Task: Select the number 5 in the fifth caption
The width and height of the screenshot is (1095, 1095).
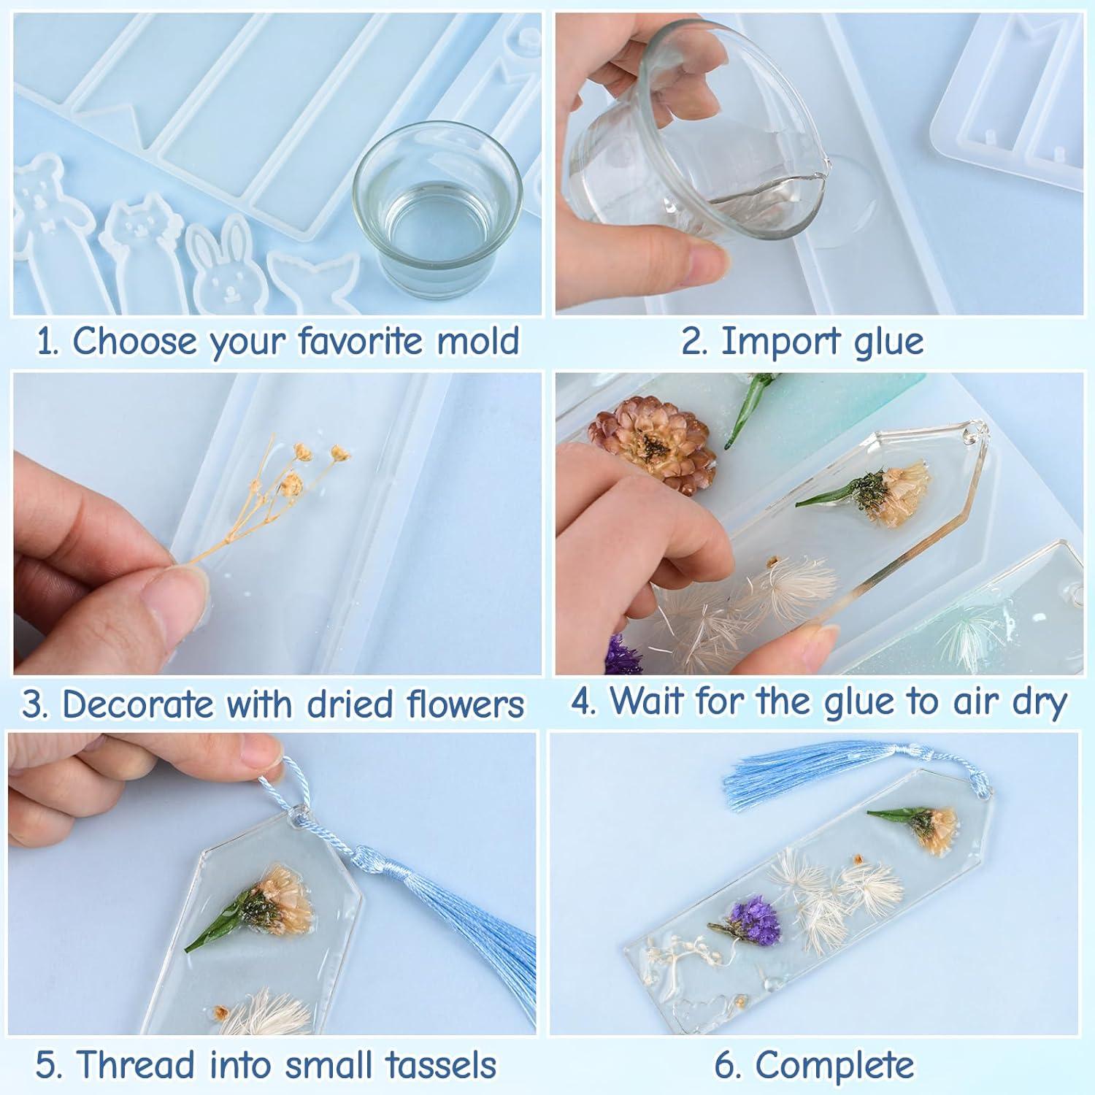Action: (x=46, y=1065)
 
